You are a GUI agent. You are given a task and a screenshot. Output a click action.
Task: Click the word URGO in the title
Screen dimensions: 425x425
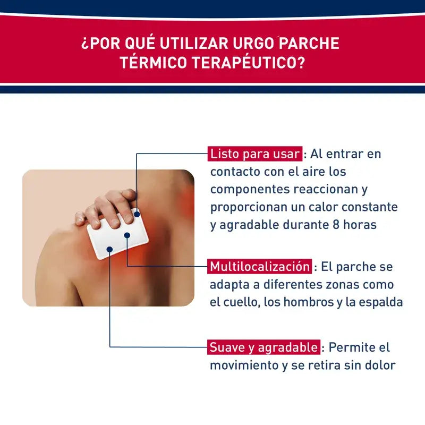(x=253, y=43)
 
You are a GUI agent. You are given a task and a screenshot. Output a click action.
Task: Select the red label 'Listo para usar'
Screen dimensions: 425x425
(x=255, y=154)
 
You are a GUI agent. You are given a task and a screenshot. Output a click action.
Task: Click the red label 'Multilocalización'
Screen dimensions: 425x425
(x=260, y=267)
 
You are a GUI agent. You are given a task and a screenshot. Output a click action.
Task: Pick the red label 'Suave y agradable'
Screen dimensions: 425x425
(x=263, y=347)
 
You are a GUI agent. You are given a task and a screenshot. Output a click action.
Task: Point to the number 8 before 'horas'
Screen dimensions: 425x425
(x=336, y=225)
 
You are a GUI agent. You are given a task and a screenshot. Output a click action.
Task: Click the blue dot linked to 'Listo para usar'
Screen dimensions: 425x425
(x=137, y=215)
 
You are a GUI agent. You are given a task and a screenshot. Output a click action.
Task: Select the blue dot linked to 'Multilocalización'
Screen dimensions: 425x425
(x=127, y=235)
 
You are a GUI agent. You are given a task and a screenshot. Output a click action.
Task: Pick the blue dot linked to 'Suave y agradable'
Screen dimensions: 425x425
(x=109, y=249)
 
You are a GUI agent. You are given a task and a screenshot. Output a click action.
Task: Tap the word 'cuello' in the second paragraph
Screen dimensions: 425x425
(x=239, y=302)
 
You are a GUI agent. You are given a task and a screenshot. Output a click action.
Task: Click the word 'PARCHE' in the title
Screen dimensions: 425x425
(x=309, y=43)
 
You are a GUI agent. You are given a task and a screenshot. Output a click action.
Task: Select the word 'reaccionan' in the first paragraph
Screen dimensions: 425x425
(x=326, y=190)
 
